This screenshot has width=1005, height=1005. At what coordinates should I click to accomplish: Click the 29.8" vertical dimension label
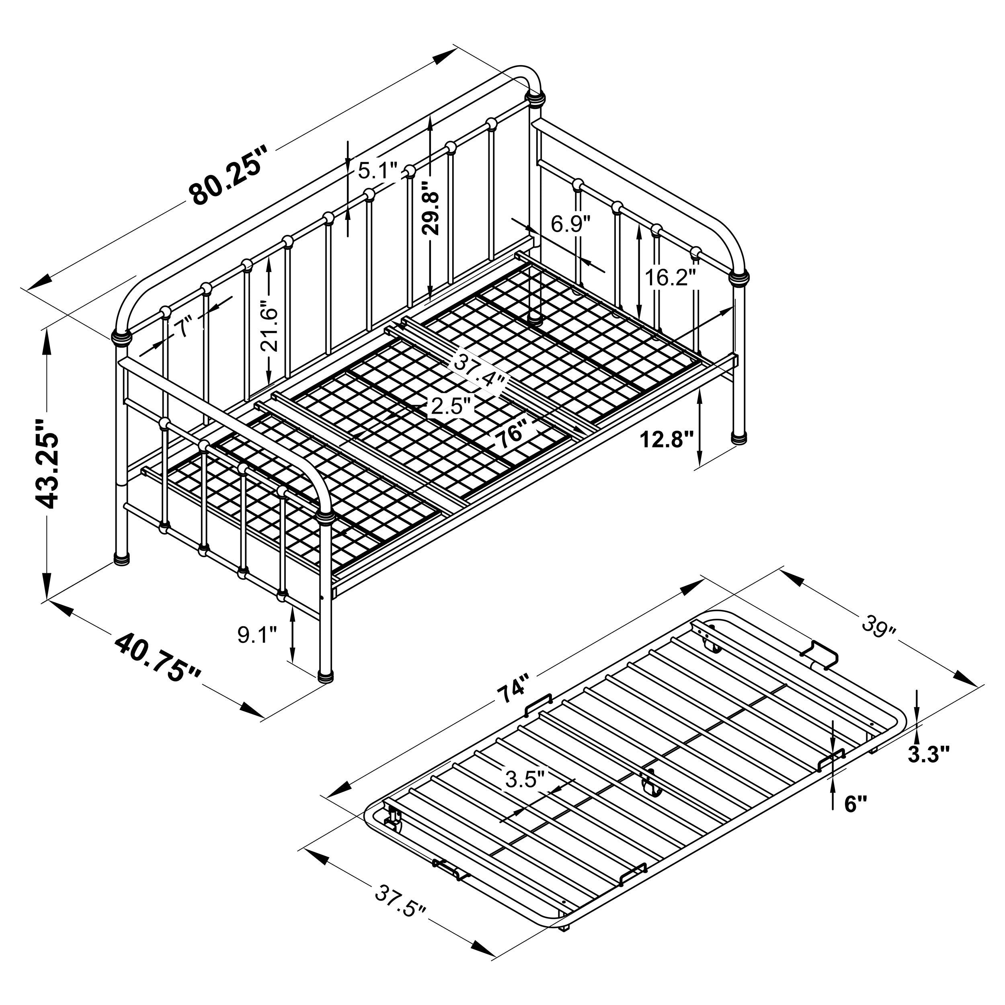tap(432, 207)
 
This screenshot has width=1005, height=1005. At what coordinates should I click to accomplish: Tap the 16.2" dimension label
tap(671, 277)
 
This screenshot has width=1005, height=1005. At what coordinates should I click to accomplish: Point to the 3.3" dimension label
tap(929, 754)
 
